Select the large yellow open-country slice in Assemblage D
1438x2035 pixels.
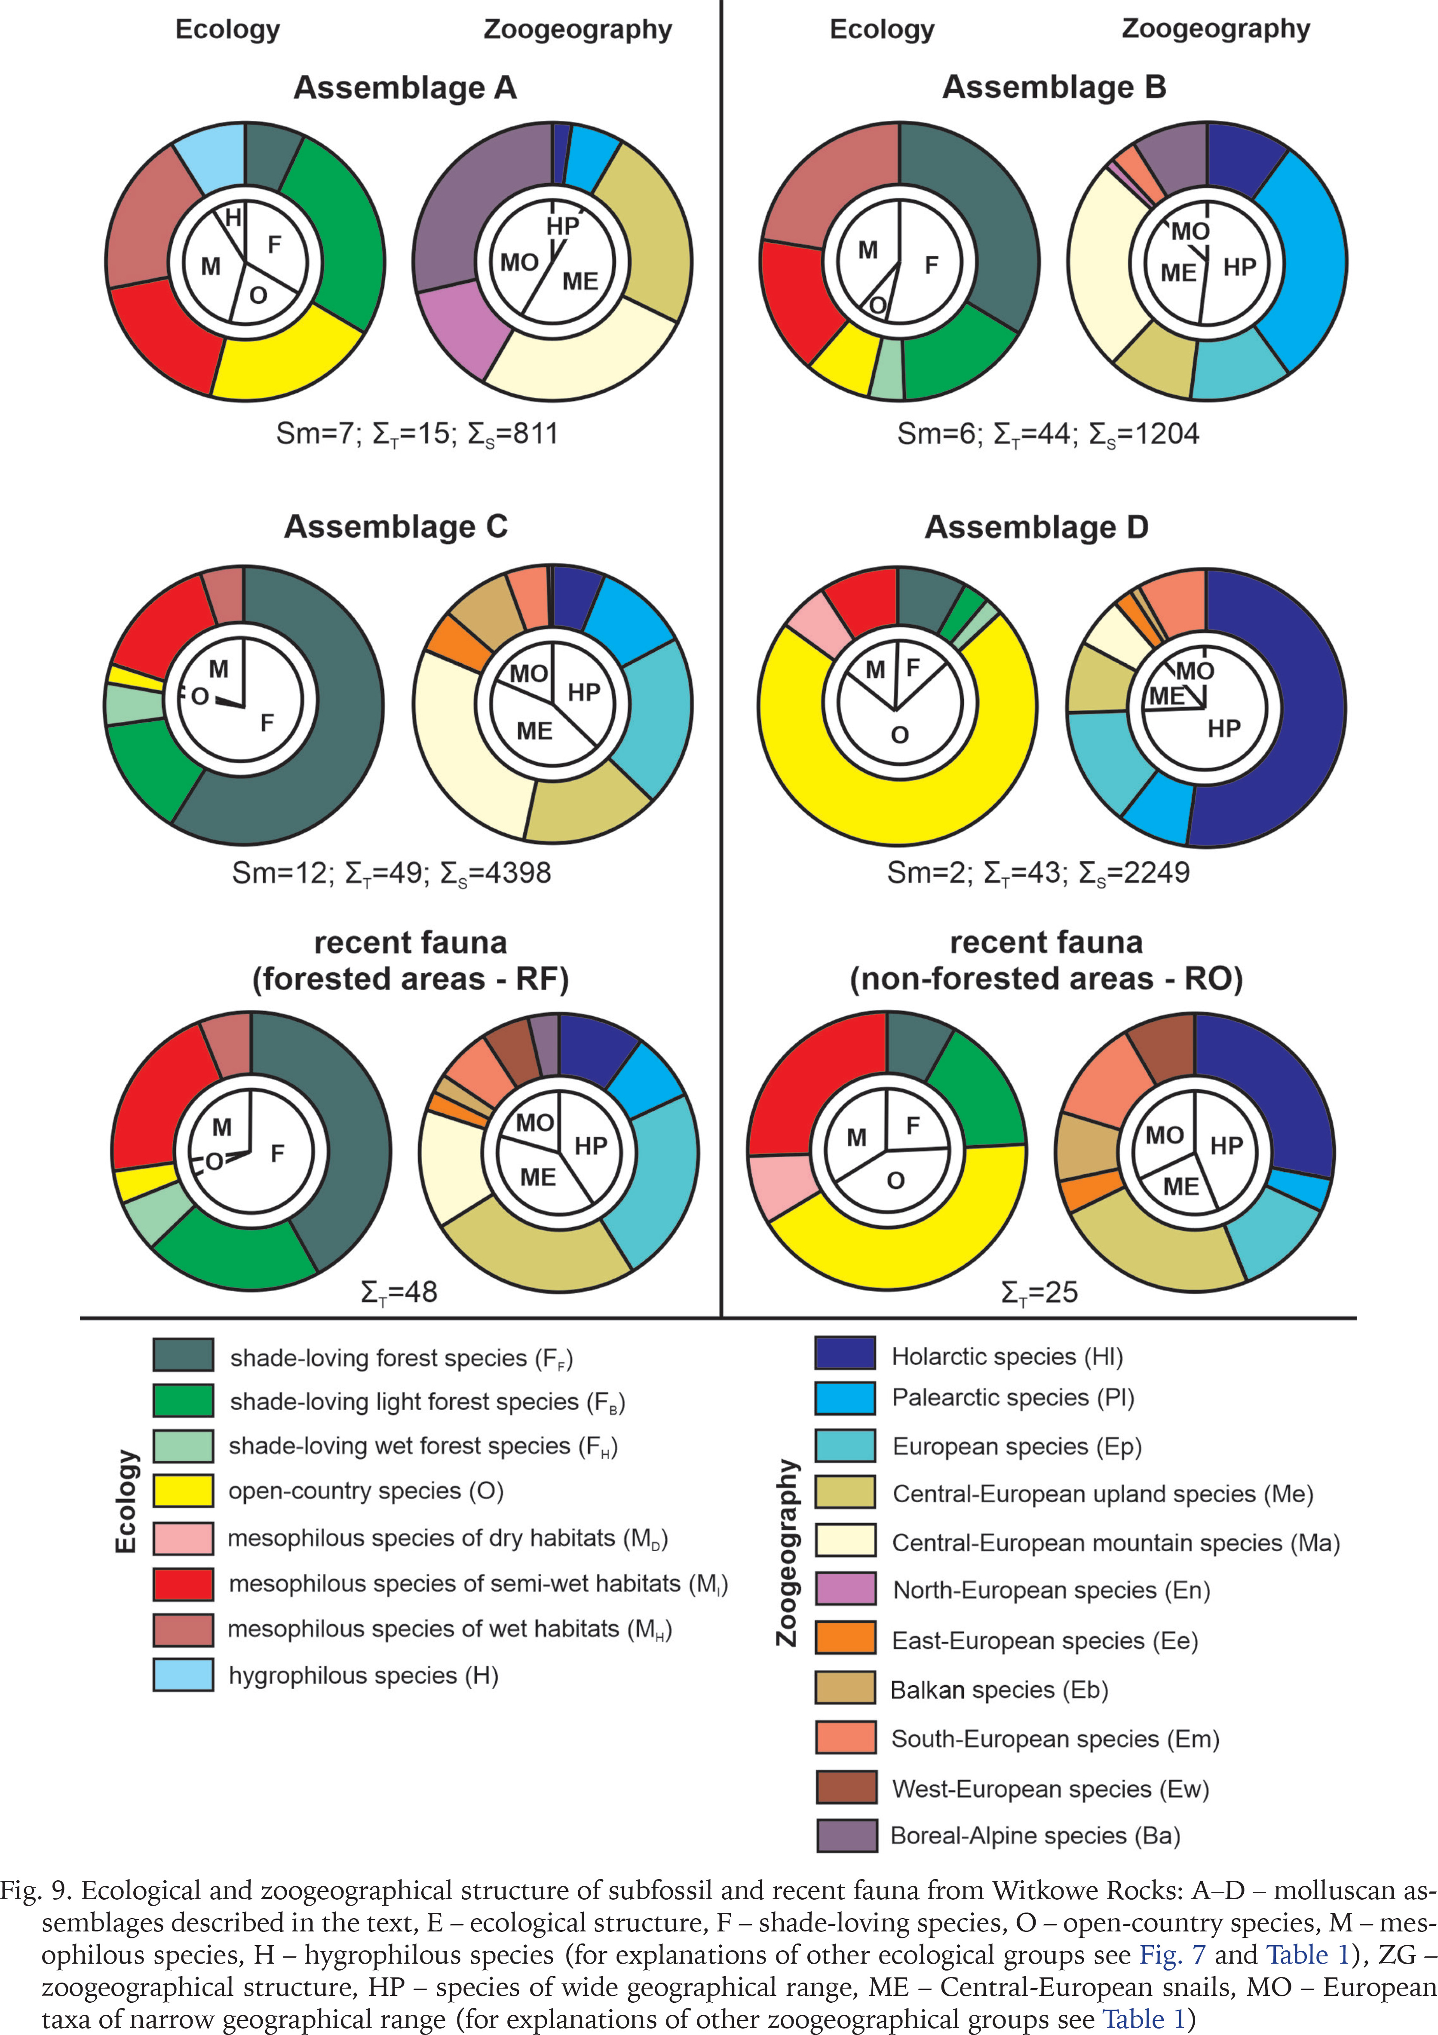tap(895, 797)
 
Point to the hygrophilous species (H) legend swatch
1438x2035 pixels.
tap(183, 1674)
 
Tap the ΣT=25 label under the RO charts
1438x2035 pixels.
tap(1039, 1292)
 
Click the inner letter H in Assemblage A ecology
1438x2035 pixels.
tap(233, 217)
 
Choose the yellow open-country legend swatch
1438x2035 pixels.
tap(183, 1490)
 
